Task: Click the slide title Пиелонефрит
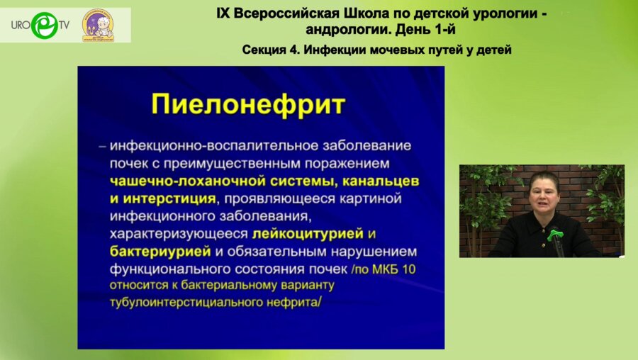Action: [x=248, y=105]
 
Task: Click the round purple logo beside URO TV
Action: [x=97, y=26]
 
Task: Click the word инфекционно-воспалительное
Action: [x=197, y=145]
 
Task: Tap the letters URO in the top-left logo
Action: [x=19, y=25]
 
